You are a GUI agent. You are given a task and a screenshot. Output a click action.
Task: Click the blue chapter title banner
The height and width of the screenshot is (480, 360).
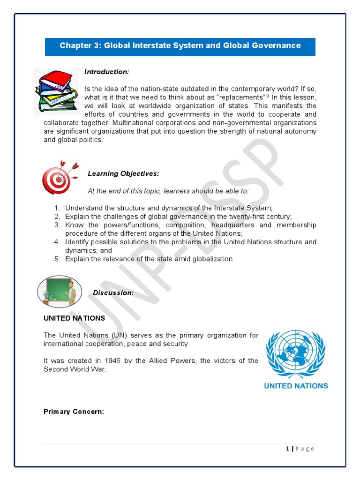pos(180,46)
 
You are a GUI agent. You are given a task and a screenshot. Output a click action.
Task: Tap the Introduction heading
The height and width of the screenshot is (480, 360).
pos(106,72)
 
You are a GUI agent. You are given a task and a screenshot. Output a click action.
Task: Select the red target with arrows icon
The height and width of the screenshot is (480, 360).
pos(59,176)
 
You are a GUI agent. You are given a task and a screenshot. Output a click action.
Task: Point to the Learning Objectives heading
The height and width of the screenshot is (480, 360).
pos(123,174)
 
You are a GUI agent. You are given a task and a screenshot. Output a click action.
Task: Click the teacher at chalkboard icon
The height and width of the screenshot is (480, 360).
pos(60,292)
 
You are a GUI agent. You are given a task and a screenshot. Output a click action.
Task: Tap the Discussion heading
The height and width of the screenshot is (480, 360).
pos(113,293)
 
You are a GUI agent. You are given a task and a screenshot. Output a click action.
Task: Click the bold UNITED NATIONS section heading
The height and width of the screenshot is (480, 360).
pos(74,318)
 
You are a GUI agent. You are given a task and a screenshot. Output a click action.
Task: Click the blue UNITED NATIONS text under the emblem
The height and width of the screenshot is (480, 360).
pos(296,386)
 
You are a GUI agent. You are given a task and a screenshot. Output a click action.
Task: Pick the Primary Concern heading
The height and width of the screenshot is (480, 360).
pos(74,412)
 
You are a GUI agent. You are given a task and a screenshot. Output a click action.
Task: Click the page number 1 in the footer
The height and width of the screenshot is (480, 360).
pos(287,449)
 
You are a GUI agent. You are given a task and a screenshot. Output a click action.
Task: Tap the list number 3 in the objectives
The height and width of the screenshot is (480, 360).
pos(56,225)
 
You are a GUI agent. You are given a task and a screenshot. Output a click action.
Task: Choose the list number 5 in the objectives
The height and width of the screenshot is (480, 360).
pos(56,259)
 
